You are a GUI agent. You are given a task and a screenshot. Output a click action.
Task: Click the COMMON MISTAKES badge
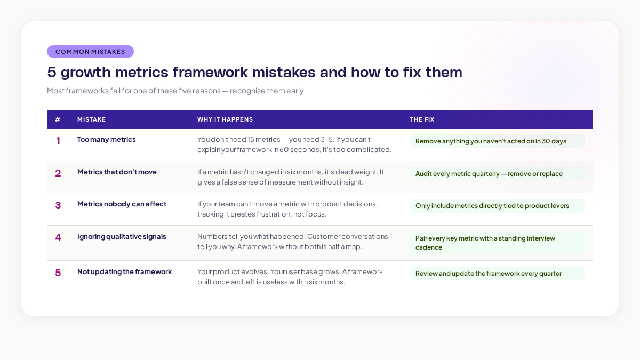tap(90, 52)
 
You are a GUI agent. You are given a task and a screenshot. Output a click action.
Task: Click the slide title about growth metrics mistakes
tap(254, 72)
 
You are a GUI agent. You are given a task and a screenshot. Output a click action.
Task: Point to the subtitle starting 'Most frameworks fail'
tap(175, 91)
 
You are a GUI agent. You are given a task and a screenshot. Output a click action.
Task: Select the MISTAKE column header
tap(92, 119)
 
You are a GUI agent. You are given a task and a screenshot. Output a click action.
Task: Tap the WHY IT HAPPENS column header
tap(225, 119)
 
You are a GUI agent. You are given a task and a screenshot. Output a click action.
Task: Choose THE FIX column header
tap(422, 119)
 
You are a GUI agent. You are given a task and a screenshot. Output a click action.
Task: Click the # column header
tap(58, 119)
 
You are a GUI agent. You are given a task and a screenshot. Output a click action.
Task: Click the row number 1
tap(58, 141)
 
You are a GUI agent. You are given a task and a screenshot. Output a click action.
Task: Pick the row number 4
tap(58, 238)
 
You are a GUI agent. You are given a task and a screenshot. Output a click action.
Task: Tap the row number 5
tap(58, 273)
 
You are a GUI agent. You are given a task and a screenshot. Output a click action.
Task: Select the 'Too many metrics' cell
tap(107, 140)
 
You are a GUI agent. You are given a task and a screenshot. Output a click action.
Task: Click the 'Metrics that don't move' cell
tap(117, 172)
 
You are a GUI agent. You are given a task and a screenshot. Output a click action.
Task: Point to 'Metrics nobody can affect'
tap(122, 204)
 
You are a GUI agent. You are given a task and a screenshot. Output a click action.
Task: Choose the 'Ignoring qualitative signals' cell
tap(122, 236)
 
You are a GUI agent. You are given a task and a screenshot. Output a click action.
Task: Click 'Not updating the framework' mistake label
tap(124, 271)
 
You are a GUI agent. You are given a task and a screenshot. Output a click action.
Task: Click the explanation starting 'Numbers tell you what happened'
tap(293, 241)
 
